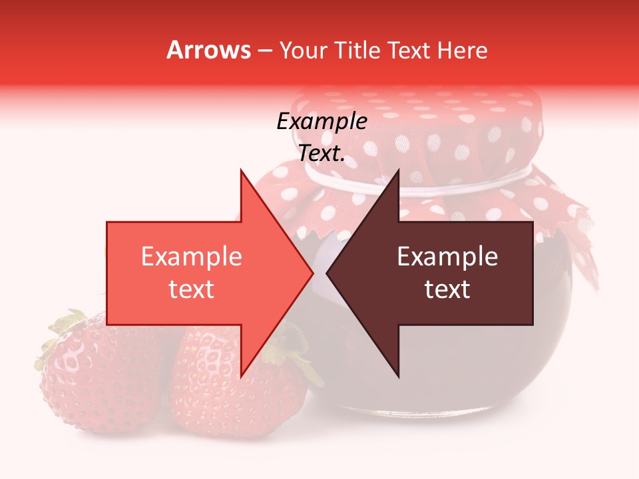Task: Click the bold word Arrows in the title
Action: (209, 50)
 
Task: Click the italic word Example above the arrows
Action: (321, 122)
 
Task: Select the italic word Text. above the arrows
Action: (321, 154)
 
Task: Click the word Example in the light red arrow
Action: (191, 257)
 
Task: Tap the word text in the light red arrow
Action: (191, 289)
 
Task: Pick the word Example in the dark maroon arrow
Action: (447, 257)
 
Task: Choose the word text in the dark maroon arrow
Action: (447, 289)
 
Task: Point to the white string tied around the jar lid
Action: (466, 182)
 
